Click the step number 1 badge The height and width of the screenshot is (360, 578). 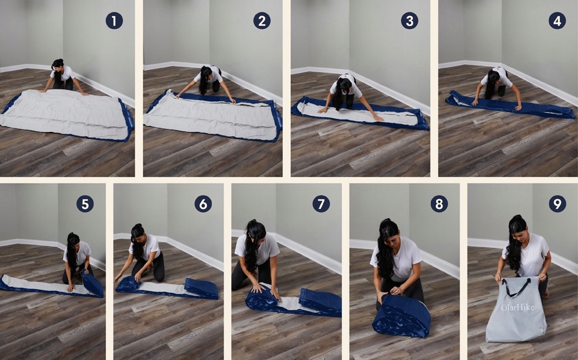tap(114, 20)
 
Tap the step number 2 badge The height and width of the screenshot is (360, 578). tap(262, 20)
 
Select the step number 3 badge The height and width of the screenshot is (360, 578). tap(410, 20)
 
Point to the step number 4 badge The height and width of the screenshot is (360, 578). tap(557, 20)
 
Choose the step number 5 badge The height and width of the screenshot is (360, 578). tap(85, 203)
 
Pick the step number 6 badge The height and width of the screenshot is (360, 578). tap(203, 203)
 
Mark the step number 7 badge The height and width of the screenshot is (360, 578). tap(321, 203)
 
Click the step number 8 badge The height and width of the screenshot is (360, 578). tap(439, 203)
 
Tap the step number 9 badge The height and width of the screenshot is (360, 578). tap(557, 203)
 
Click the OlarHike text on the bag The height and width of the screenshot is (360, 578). tap(517, 307)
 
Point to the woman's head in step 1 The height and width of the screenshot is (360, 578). tap(58, 65)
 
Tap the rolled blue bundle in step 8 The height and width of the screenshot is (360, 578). tap(401, 316)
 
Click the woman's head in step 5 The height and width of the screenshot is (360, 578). tap(73, 239)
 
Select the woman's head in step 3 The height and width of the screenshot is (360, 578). tap(344, 85)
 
